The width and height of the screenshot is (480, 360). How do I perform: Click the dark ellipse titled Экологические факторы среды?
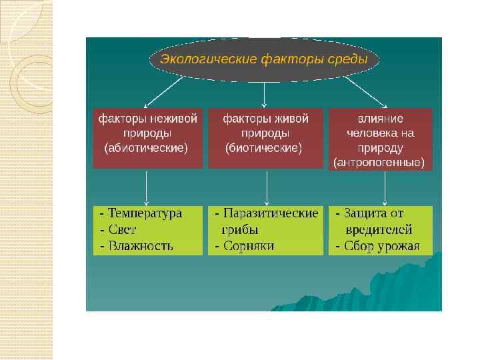pos(265,59)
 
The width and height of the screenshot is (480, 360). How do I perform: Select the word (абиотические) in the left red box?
pos(147,147)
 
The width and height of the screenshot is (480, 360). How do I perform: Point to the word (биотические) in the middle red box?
pos(265,147)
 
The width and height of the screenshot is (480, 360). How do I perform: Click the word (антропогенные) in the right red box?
pos(379,162)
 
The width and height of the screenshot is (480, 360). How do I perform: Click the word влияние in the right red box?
pos(380,119)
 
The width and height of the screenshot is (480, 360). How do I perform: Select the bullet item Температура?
pos(145,213)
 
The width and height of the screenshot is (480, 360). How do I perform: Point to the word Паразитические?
pos(271,213)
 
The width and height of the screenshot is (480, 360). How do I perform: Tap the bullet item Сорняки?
pos(249,246)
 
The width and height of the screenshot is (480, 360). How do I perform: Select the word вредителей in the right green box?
pos(379,230)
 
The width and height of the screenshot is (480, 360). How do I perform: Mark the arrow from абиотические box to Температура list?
pos(147,188)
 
